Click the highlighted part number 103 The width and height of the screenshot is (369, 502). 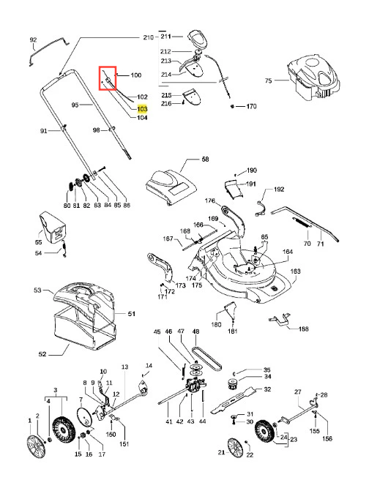[142, 109]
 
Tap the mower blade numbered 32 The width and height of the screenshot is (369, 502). [233, 399]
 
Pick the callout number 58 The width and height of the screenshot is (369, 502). [205, 159]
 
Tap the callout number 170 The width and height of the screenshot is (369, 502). [251, 106]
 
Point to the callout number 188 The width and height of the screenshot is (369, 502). [303, 329]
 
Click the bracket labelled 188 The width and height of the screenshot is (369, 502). [280, 321]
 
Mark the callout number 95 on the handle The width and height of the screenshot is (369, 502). [75, 105]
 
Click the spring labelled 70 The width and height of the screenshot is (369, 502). [302, 222]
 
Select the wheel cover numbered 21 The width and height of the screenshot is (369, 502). [236, 448]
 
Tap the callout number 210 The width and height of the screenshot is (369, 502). [149, 37]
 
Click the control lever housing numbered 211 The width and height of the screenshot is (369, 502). [198, 40]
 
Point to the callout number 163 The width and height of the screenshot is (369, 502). [295, 271]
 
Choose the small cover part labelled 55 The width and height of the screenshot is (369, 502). [53, 226]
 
